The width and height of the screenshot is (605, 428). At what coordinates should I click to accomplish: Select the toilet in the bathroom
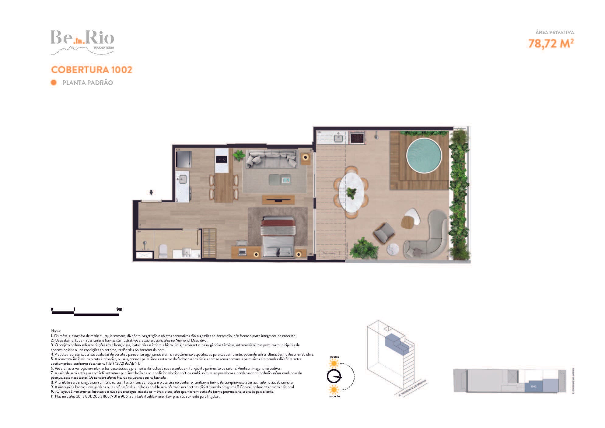click(163, 251)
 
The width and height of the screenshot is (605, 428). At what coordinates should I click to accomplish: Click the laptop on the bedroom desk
click(243, 252)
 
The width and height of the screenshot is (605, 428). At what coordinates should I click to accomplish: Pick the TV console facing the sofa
click(278, 200)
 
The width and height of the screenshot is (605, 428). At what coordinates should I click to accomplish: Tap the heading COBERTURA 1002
click(92, 70)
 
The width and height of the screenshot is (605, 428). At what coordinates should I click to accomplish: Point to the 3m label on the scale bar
click(119, 309)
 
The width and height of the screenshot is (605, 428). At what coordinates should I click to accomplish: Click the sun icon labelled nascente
click(334, 389)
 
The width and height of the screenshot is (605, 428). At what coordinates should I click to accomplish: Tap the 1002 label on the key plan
click(533, 386)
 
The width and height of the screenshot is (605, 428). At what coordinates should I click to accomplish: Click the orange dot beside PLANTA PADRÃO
click(54, 82)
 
